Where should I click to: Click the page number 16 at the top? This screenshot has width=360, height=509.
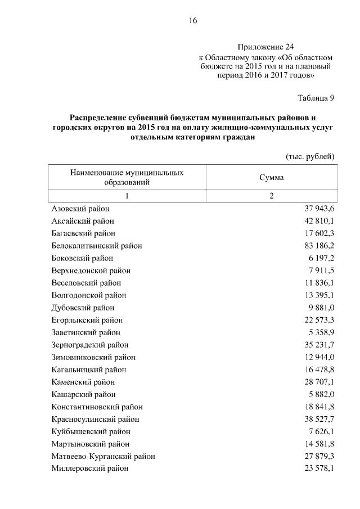pyautogui.click(x=192, y=21)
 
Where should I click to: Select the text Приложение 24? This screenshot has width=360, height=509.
pyautogui.click(x=266, y=47)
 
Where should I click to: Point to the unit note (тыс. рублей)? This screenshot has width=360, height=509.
pyautogui.click(x=310, y=156)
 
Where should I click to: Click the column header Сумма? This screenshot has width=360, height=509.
pyautogui.click(x=271, y=177)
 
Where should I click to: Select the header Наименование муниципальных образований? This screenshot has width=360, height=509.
pyautogui.click(x=127, y=177)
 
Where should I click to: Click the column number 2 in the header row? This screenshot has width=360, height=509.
pyautogui.click(x=271, y=196)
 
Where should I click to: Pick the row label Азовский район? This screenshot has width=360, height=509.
pyautogui.click(x=80, y=209)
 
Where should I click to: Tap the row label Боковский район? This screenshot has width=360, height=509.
pyautogui.click(x=82, y=258)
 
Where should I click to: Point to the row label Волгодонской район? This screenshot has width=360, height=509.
pyautogui.click(x=88, y=295)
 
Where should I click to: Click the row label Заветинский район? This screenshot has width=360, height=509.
pyautogui.click(x=85, y=332)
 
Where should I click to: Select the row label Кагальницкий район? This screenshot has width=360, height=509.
pyautogui.click(x=88, y=370)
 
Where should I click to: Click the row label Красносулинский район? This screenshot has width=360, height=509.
pyautogui.click(x=95, y=419)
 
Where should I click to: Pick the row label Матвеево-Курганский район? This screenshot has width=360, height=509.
pyautogui.click(x=103, y=456)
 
